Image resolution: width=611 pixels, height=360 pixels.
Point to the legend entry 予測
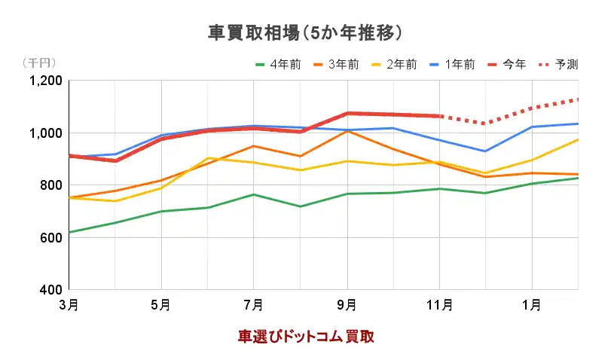pos(567,65)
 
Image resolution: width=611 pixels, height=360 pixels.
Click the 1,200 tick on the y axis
pos(44,81)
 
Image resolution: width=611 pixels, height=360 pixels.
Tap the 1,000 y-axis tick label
pos(44,133)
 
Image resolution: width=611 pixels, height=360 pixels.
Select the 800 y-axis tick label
pos(50,185)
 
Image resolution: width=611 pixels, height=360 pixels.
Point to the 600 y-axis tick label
pos(50,238)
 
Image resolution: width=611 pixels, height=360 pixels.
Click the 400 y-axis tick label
pos(50,290)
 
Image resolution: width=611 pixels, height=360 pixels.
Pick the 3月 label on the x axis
pos(69,305)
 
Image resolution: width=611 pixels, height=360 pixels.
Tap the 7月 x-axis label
pos(254,305)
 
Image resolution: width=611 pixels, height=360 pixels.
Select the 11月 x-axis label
pos(439,305)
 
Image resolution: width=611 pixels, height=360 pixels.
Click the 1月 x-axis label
pos(532,305)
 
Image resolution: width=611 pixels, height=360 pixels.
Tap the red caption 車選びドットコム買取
pos(306,337)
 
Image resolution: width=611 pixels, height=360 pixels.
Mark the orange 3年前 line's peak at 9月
pos(347,131)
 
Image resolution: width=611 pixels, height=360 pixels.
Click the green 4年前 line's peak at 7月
pos(254,194)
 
